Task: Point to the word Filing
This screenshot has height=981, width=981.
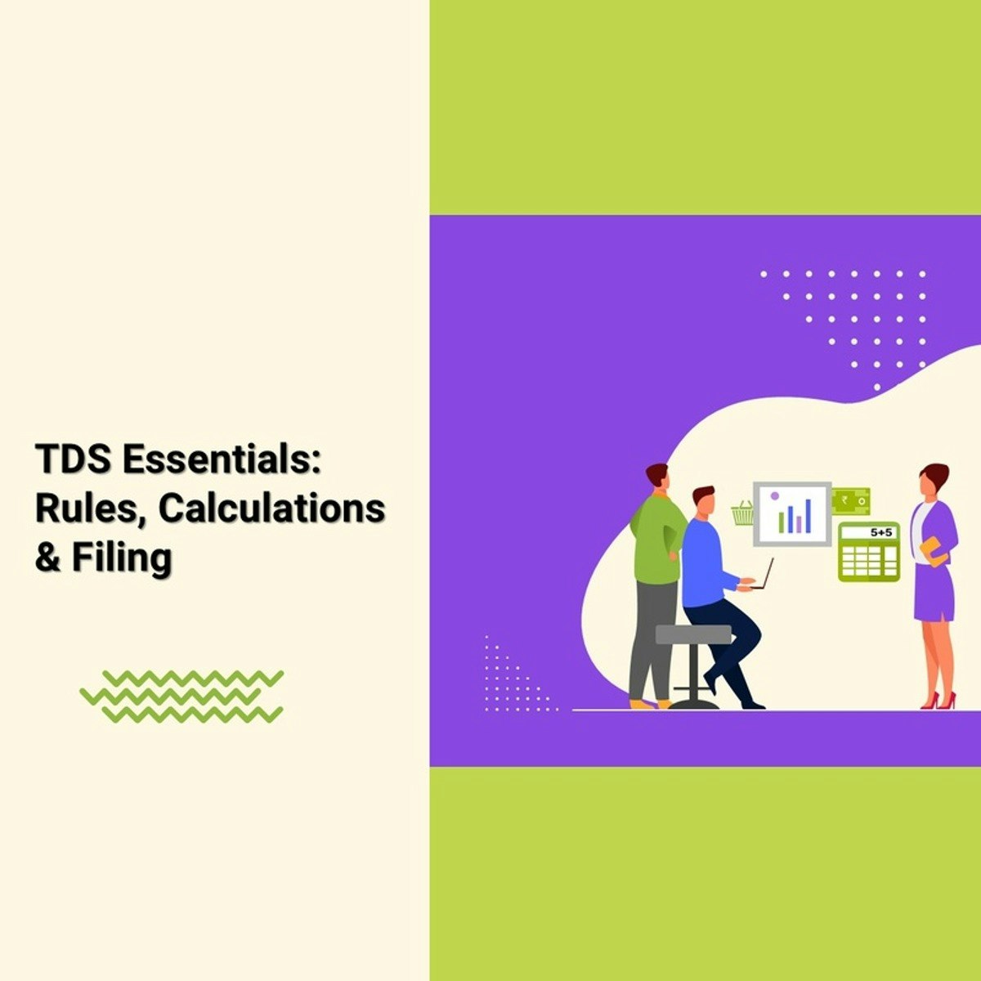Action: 122,559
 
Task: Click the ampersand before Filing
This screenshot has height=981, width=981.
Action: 47,558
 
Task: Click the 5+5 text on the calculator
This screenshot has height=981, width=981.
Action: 880,532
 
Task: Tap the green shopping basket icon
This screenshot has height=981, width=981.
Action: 743,513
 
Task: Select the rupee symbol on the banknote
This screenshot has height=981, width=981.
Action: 845,500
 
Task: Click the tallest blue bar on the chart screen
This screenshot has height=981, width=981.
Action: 808,516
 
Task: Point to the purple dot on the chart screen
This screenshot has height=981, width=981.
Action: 775,495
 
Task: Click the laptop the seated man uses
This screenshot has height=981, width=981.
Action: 762,574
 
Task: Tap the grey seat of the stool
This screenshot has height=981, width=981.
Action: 693,634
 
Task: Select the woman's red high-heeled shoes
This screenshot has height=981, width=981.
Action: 938,701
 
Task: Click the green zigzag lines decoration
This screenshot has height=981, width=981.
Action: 181,696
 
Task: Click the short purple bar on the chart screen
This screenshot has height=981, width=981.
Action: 800,524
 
